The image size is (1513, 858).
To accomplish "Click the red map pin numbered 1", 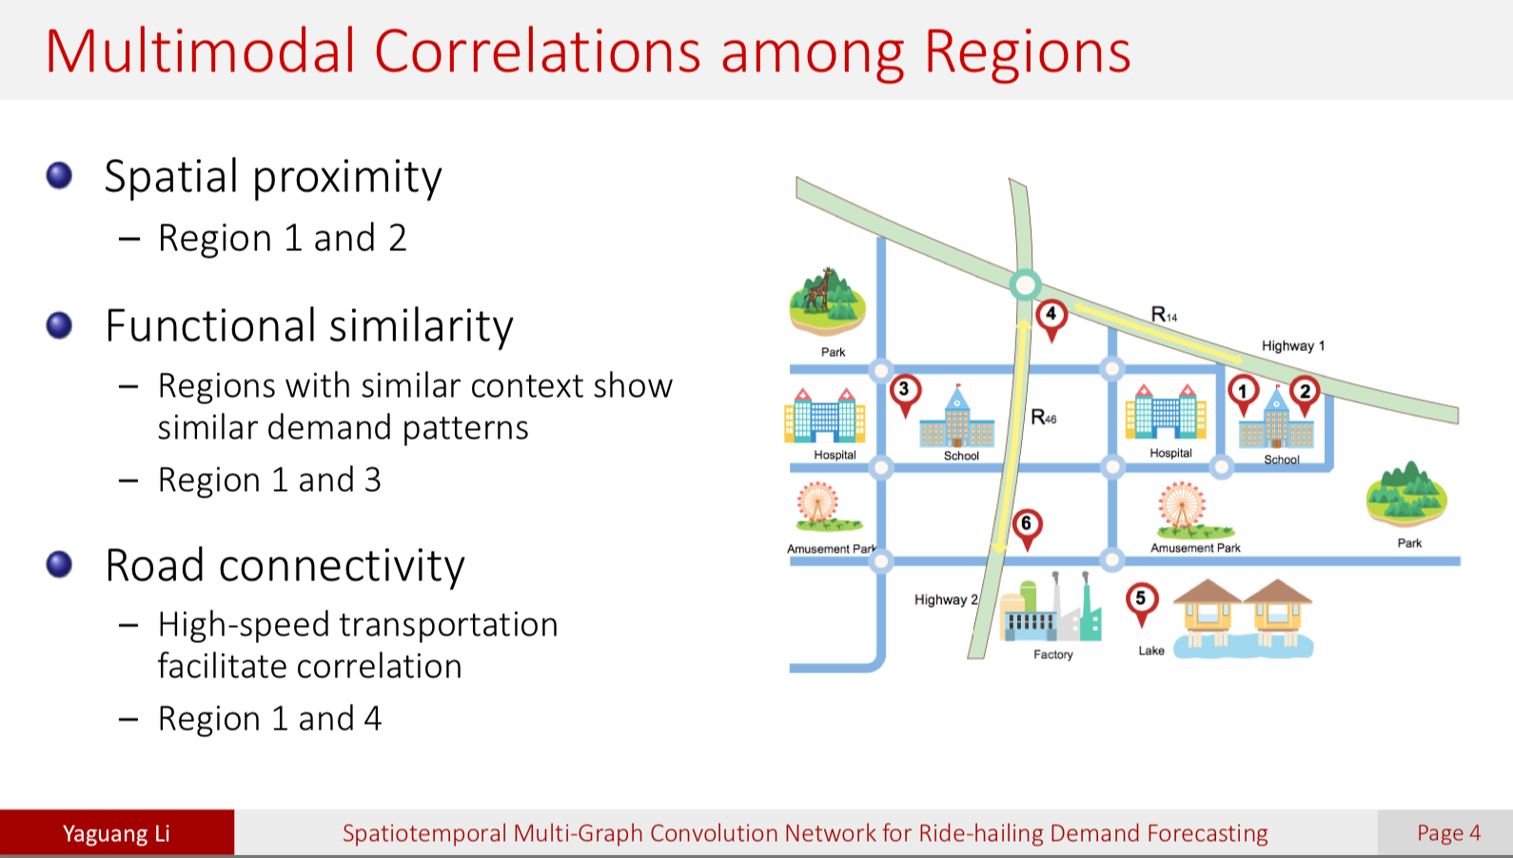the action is (1242, 392).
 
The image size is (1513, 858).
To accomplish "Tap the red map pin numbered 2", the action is (1305, 392).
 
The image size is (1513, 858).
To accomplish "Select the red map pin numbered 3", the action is (904, 390).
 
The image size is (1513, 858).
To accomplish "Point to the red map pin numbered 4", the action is (1051, 315).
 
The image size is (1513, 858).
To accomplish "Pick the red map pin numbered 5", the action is (1141, 600).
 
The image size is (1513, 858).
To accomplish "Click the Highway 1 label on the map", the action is (1292, 346).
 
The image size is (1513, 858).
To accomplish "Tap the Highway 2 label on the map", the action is (945, 600).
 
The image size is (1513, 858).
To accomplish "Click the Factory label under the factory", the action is (1052, 654).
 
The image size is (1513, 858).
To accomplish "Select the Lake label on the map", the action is (1151, 651).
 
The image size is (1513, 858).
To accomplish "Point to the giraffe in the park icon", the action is (818, 291).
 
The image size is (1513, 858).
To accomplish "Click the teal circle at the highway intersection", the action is (1025, 284).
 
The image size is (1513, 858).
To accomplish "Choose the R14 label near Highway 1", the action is (1163, 315).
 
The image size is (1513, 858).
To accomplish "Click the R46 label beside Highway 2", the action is (1043, 418).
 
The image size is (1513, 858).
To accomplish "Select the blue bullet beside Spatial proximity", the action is (59, 176).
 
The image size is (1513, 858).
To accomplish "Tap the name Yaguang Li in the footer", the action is (116, 834).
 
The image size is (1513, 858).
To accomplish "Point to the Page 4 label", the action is (1448, 833).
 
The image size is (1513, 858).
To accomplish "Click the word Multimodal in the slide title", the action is (200, 51).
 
